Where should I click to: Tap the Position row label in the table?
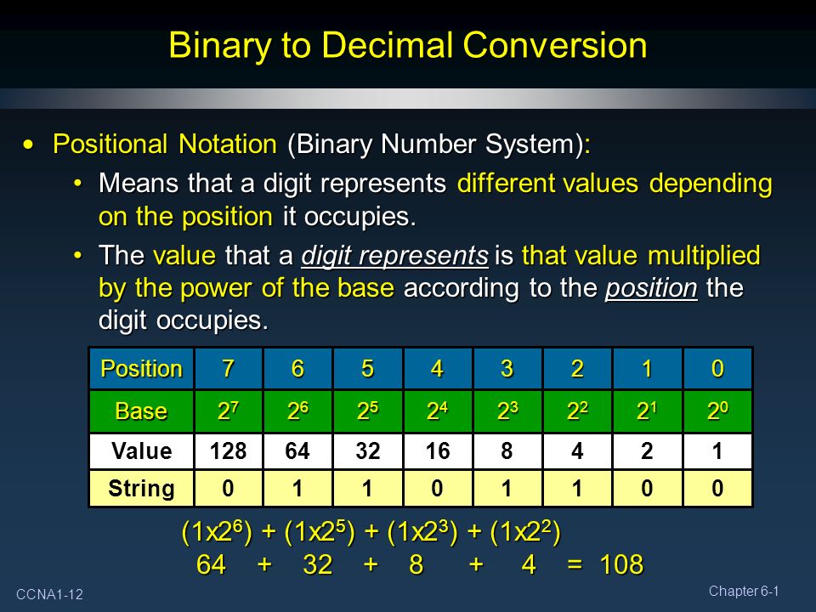[x=142, y=368]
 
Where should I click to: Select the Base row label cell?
[x=142, y=411]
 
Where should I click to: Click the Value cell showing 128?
[x=229, y=450]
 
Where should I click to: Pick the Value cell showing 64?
[x=297, y=450]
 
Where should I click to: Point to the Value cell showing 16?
[x=438, y=450]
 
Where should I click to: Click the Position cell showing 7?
[x=229, y=368]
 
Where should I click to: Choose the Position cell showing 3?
[x=507, y=368]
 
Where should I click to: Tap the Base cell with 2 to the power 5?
[x=367, y=411]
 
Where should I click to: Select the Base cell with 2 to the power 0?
[x=717, y=411]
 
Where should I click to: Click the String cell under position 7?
[x=229, y=488]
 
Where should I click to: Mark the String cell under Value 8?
[x=507, y=488]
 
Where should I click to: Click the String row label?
[x=142, y=488]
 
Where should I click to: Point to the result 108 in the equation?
[x=621, y=564]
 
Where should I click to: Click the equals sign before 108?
[x=575, y=565]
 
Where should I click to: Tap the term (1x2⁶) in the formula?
[x=217, y=532]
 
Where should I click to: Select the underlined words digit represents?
[x=394, y=256]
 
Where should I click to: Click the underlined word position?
[x=651, y=288]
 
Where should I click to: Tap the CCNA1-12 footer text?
[x=49, y=594]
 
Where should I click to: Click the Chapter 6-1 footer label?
[x=744, y=592]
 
